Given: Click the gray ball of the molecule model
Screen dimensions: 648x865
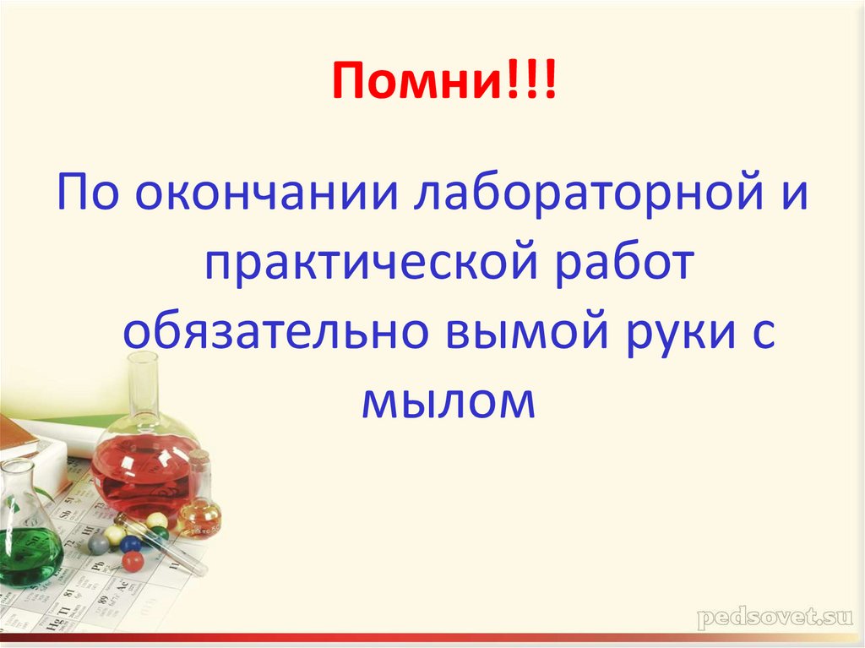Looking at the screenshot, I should (x=99, y=544).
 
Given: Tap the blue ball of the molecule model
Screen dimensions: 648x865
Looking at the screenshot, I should (x=130, y=542).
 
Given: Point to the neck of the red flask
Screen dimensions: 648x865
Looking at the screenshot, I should (x=144, y=384).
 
